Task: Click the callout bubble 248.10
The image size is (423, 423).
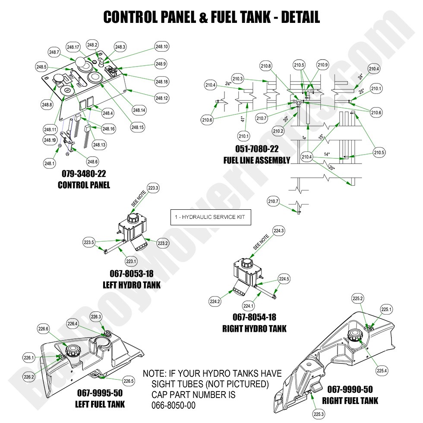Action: coord(162,47)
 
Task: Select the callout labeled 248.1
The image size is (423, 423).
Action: coord(49,163)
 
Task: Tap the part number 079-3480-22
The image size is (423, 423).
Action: coord(84,174)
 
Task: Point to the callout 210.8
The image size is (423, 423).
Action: coord(266,66)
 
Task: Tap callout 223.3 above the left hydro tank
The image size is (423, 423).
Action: coord(153,188)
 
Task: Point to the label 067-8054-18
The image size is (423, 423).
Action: coord(254,317)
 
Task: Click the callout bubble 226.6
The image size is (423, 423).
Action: coord(44,329)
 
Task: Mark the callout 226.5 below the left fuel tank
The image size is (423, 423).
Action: coord(128,381)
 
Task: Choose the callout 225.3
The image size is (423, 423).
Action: coord(319,414)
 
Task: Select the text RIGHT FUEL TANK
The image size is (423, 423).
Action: coord(350,401)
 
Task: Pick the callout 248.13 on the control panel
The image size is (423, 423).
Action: coord(99,145)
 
